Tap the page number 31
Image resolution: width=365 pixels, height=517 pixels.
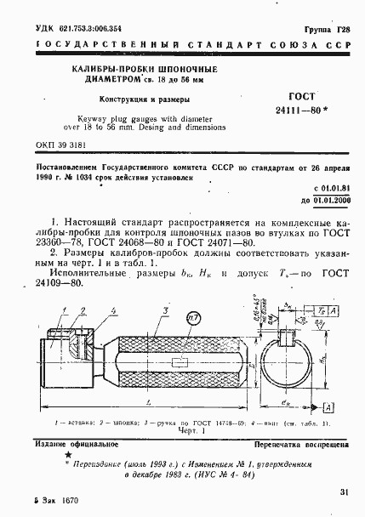point(344,491)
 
